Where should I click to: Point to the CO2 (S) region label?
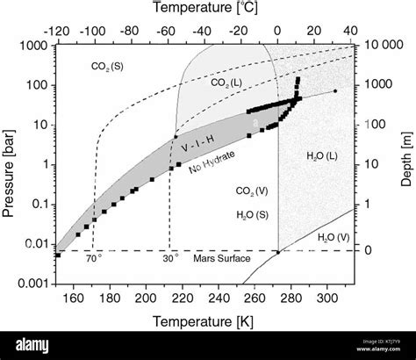tap(108, 66)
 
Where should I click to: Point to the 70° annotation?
tap(93, 259)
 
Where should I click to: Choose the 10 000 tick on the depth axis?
tap(379, 45)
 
